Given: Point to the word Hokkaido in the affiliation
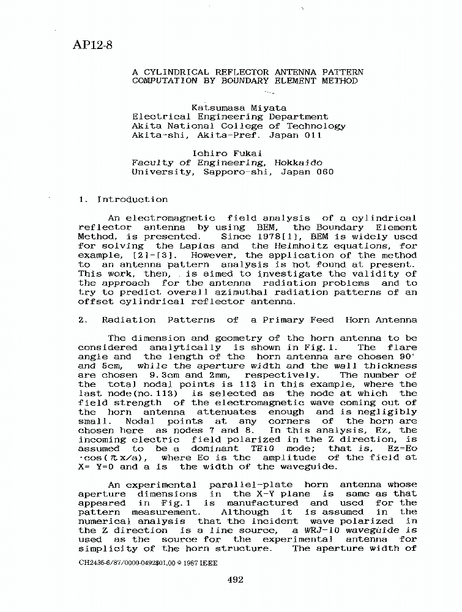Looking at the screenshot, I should point(297,163).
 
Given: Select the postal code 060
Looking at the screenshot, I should point(324,172).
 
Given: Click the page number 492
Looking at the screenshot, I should point(235,580).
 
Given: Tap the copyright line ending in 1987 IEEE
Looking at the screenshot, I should point(148,562).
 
